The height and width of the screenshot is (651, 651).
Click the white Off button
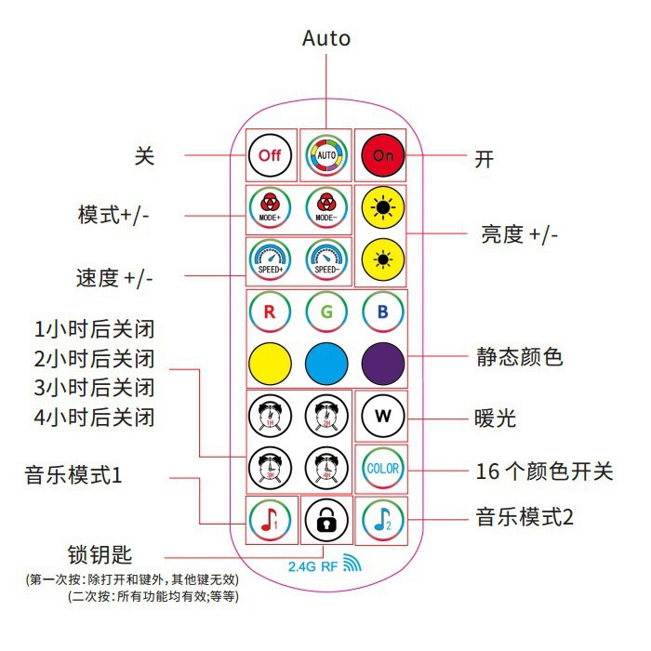(x=270, y=155)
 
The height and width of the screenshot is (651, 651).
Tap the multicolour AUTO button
(x=326, y=155)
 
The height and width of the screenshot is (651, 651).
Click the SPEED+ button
(x=270, y=260)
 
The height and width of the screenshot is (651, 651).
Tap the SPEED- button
(x=326, y=260)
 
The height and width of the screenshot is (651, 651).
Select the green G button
(x=326, y=312)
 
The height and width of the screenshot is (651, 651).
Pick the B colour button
(x=383, y=312)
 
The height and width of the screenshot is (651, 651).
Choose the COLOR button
(x=383, y=468)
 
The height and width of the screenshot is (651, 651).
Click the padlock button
(x=326, y=520)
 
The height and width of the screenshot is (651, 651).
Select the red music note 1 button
(x=270, y=520)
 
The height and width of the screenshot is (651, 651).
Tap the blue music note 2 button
(x=383, y=520)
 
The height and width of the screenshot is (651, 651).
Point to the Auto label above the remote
(x=326, y=38)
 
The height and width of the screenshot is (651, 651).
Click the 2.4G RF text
(x=313, y=565)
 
